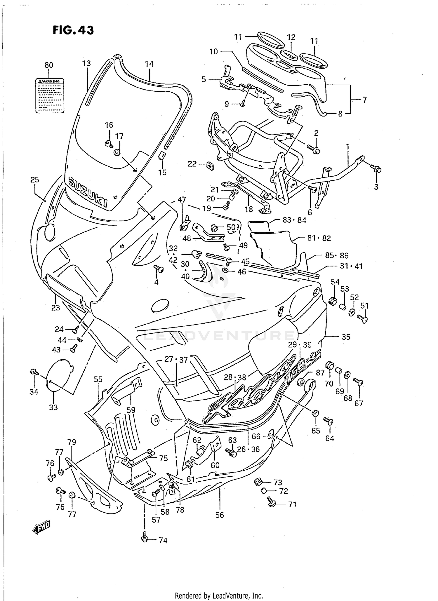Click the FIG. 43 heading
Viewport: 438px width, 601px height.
coord(73,30)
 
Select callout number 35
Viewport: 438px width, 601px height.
coord(346,337)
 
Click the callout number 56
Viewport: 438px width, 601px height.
coord(219,515)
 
